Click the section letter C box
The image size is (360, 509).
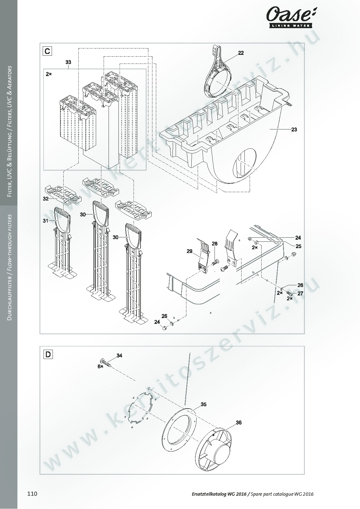47,51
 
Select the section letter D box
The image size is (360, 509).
48,354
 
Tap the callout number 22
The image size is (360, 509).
241,53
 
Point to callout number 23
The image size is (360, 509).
294,129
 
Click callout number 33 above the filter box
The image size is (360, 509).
68,62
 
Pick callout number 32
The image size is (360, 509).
46,199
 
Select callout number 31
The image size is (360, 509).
46,221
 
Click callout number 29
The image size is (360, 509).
190,251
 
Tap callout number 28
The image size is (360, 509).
215,244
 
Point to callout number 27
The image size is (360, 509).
300,293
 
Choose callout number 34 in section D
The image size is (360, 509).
119,355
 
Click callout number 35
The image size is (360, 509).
204,404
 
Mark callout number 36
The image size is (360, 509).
239,423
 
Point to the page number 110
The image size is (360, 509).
32,494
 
